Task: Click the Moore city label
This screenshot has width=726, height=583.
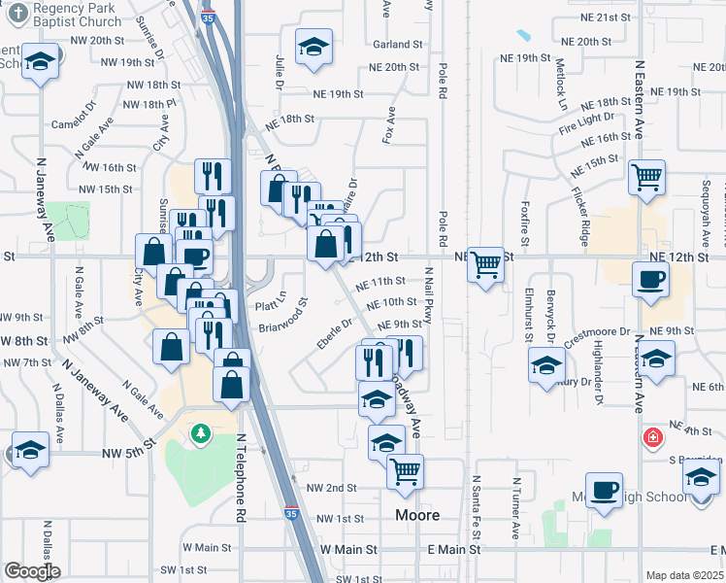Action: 417,514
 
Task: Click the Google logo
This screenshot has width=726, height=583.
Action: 32,571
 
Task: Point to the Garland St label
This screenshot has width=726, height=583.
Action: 398,45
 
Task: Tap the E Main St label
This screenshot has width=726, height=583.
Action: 453,549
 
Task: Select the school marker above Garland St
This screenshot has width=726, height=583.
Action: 313,49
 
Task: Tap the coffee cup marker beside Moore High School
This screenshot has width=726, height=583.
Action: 606,491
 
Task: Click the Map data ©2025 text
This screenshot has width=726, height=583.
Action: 685,575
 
